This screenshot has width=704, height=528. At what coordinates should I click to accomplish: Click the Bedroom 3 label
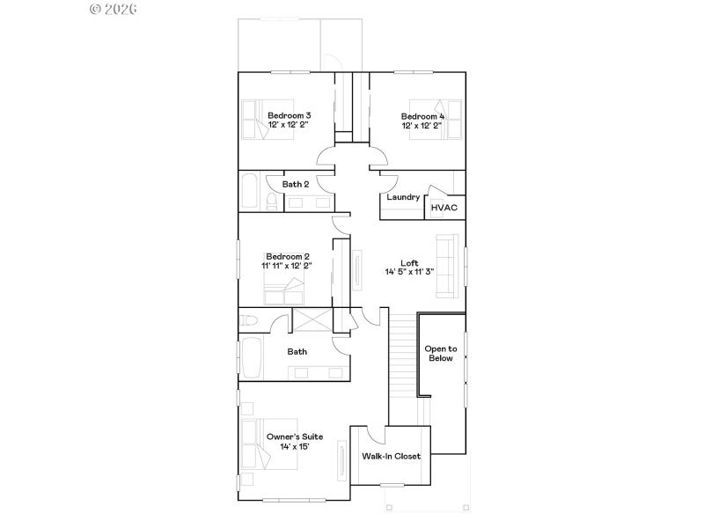[289, 115]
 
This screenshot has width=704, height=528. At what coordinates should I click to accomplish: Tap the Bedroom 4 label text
[422, 116]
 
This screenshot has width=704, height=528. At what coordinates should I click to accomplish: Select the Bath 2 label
[295, 184]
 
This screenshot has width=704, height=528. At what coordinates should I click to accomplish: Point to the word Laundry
[403, 197]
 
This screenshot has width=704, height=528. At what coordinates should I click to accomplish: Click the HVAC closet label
[444, 208]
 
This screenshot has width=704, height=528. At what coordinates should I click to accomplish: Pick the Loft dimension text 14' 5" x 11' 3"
[409, 272]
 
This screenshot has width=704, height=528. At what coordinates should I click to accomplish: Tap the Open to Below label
[441, 353]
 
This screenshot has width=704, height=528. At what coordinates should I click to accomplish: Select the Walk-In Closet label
[391, 456]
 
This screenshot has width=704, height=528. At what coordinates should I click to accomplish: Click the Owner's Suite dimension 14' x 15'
[294, 447]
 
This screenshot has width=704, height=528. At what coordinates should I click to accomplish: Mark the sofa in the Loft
[448, 266]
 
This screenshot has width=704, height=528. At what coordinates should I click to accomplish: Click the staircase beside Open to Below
[403, 356]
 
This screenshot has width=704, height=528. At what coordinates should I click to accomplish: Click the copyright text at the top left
[114, 9]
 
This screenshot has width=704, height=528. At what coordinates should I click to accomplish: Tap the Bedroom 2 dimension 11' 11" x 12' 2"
[287, 265]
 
